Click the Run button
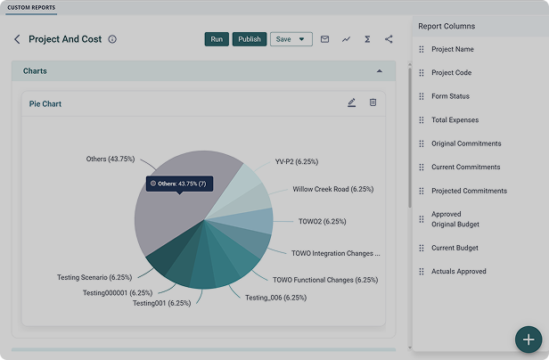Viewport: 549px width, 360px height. (x=217, y=39)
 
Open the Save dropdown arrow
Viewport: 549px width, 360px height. (x=301, y=39)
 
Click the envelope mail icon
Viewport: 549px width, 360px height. (x=324, y=39)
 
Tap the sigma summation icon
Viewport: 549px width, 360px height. (x=367, y=39)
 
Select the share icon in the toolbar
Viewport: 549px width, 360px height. (x=389, y=39)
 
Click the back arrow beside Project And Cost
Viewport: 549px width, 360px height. (x=17, y=39)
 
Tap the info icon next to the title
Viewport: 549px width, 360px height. (x=112, y=39)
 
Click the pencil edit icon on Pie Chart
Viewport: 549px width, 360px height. (x=351, y=102)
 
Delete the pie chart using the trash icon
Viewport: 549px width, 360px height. (x=373, y=102)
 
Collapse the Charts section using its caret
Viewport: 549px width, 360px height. (x=379, y=71)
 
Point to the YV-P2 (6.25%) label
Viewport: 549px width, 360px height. (x=297, y=162)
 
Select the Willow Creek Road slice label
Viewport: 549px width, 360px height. (x=333, y=189)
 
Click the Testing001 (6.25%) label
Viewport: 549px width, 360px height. (x=162, y=303)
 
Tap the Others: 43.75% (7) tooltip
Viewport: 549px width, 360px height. (x=180, y=184)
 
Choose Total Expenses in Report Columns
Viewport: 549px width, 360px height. (x=455, y=120)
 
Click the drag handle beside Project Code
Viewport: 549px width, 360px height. (x=422, y=73)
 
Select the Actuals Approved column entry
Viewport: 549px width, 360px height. (x=459, y=272)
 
